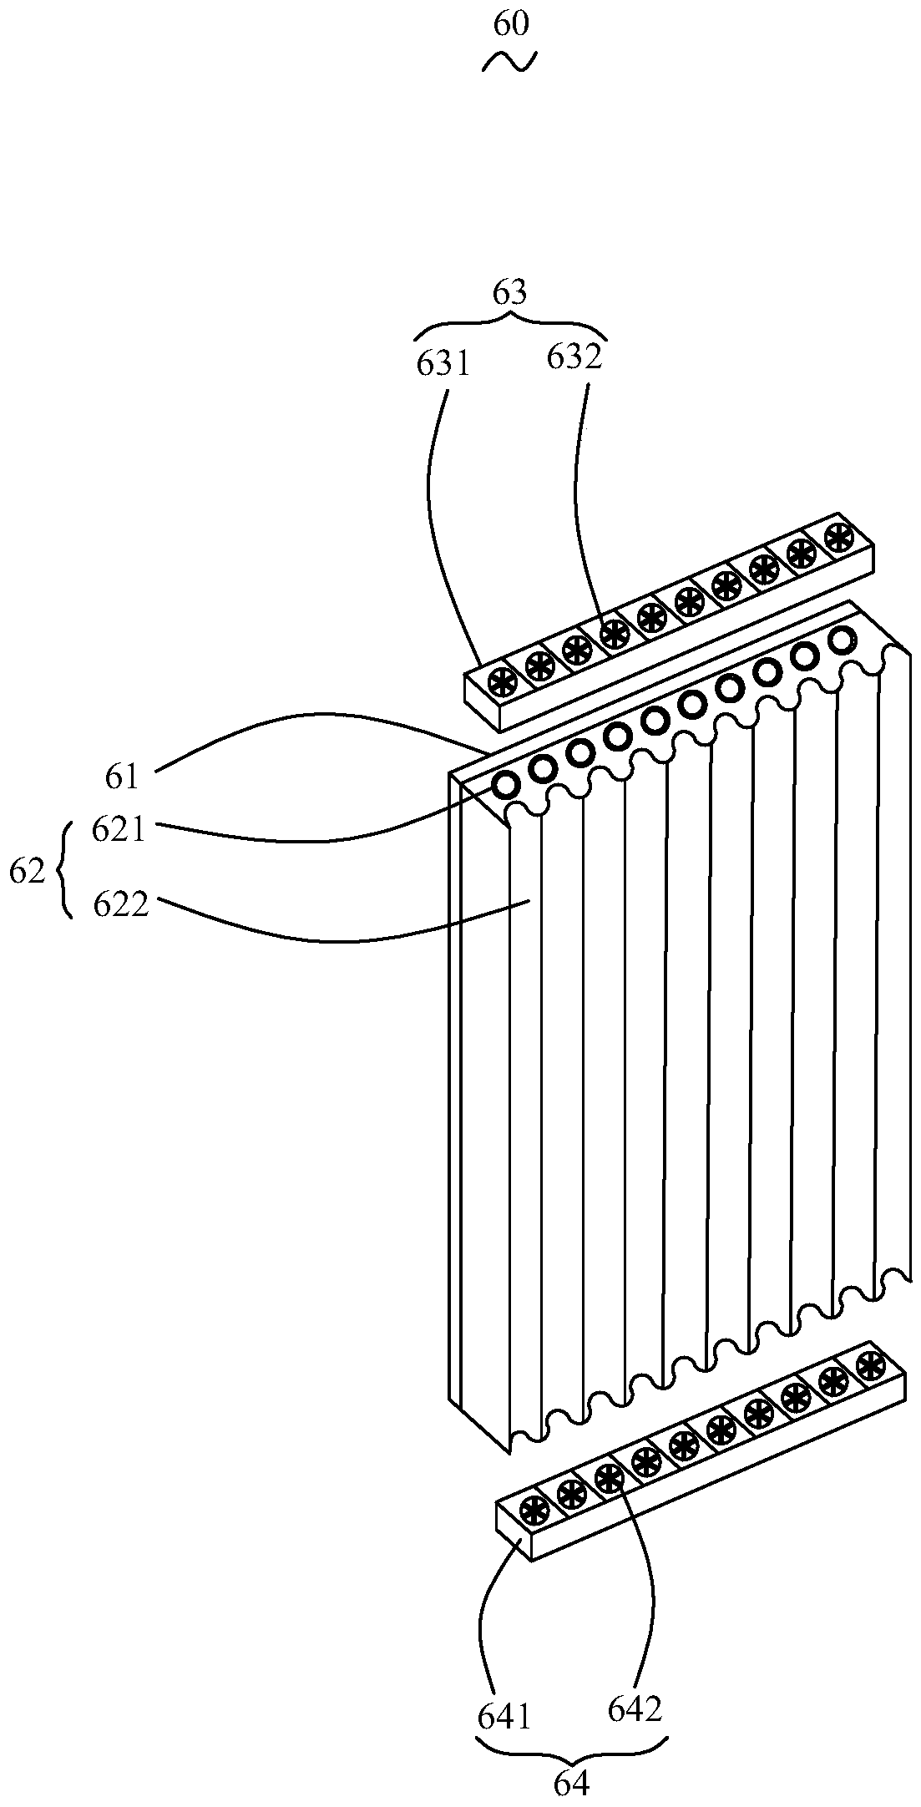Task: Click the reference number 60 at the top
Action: pyautogui.click(x=511, y=24)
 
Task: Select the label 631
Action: pyautogui.click(x=443, y=365)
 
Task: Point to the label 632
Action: pyautogui.click(x=574, y=357)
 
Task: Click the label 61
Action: pyautogui.click(x=121, y=777)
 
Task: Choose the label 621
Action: pyautogui.click(x=119, y=830)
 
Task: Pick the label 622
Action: pyautogui.click(x=120, y=904)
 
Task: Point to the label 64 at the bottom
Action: pyautogui.click(x=572, y=1784)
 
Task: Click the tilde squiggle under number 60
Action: pyautogui.click(x=509, y=61)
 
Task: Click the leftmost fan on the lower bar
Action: pyautogui.click(x=534, y=1511)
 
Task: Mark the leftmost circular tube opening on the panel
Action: pyautogui.click(x=506, y=785)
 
